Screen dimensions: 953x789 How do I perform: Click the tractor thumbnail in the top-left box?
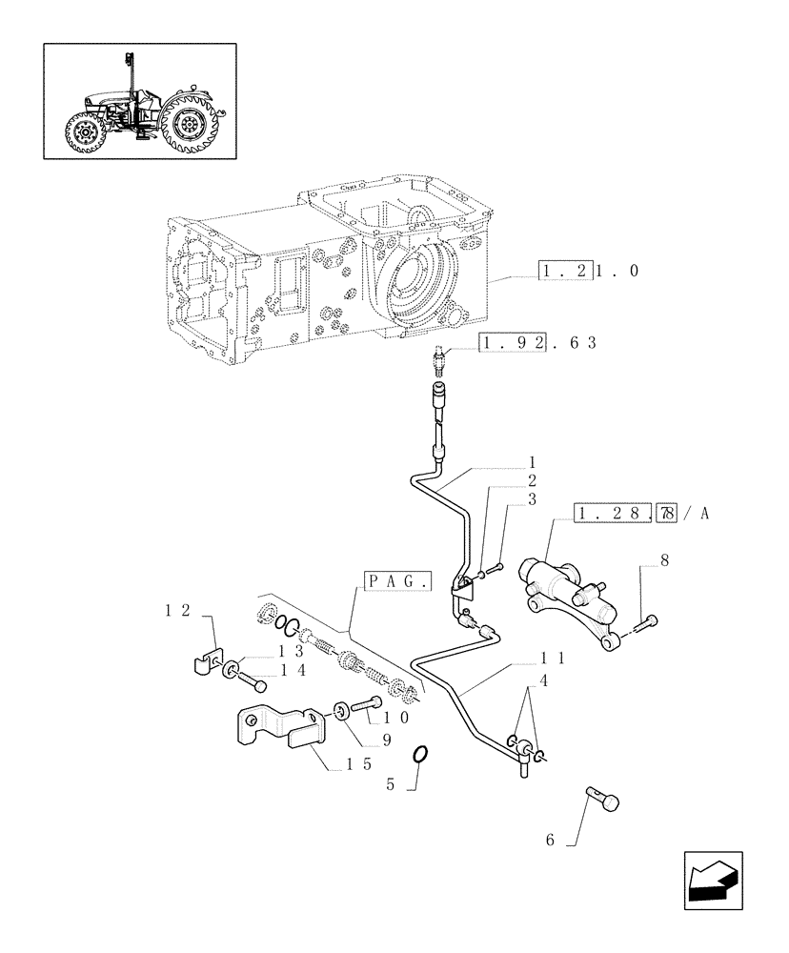(x=141, y=100)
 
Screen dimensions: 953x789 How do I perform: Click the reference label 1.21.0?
(x=588, y=272)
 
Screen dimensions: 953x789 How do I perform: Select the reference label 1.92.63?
(x=537, y=342)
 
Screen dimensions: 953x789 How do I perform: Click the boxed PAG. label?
(x=397, y=579)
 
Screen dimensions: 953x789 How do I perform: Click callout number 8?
(x=663, y=561)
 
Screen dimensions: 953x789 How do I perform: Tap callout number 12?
(x=177, y=609)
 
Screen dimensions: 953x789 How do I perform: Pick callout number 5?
(x=390, y=787)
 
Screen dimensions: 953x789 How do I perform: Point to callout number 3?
(x=532, y=499)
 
